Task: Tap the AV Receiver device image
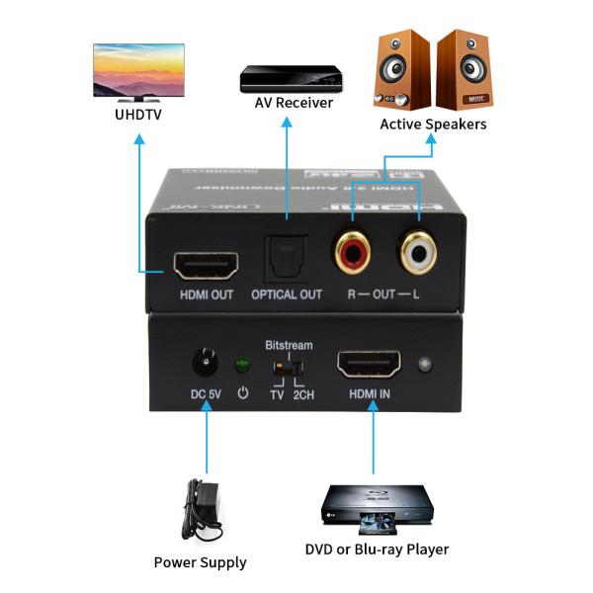point(291,79)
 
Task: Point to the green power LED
point(239,366)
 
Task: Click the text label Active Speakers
point(433,125)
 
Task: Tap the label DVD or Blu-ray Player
point(377,550)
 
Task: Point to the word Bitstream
point(289,345)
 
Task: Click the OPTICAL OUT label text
point(287,295)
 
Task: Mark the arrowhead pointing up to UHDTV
point(138,142)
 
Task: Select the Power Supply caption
point(200,562)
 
